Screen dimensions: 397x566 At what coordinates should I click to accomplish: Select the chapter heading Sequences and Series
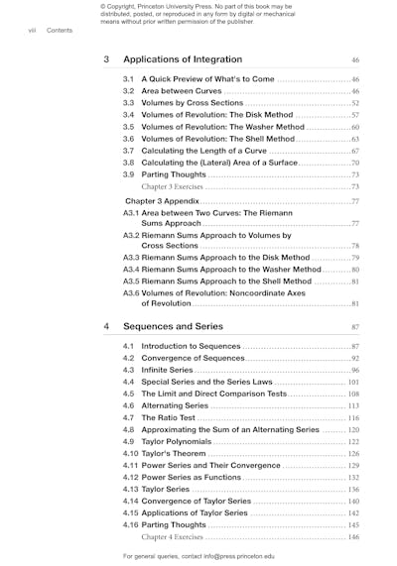click(x=173, y=325)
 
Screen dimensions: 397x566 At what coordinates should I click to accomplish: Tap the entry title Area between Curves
click(x=182, y=90)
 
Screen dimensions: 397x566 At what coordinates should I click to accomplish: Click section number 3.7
click(x=128, y=151)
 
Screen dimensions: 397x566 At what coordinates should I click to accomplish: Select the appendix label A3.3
click(x=133, y=258)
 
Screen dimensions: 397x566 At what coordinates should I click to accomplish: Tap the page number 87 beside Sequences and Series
click(x=354, y=326)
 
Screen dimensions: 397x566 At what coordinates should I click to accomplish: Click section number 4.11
click(x=130, y=465)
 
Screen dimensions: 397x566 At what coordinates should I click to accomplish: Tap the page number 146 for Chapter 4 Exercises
click(x=353, y=536)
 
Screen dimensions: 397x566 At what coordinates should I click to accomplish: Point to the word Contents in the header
click(x=60, y=30)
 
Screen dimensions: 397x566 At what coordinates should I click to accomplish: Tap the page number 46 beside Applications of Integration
click(x=354, y=60)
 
